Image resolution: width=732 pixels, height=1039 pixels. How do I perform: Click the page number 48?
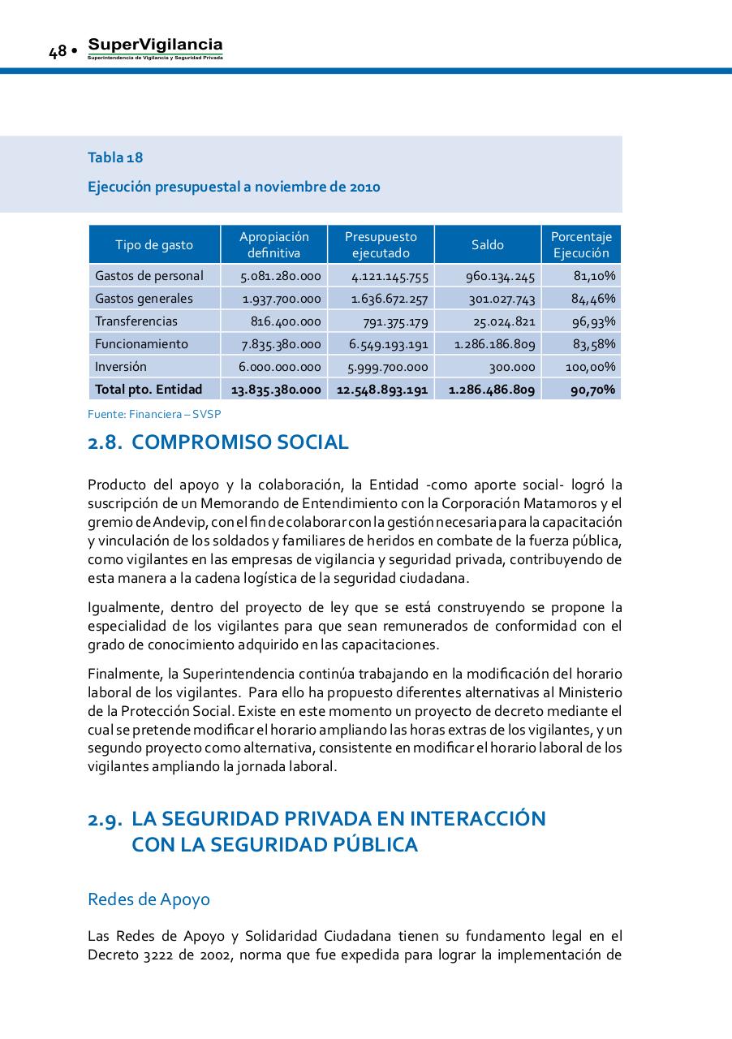point(57,51)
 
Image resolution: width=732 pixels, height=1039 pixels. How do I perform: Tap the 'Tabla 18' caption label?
point(115,157)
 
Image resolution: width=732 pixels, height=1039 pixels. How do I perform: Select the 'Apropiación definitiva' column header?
point(273,244)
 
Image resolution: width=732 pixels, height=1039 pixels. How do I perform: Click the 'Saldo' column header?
point(488,244)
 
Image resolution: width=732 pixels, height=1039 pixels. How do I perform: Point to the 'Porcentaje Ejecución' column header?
point(581,244)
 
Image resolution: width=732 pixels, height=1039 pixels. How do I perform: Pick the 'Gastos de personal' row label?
point(149,276)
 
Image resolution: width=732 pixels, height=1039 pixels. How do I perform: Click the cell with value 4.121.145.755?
point(390,276)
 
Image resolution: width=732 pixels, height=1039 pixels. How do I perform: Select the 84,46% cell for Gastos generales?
point(593,299)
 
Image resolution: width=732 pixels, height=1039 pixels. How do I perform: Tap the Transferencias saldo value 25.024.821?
point(504,321)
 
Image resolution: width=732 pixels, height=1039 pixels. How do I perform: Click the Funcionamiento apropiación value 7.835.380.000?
point(281,344)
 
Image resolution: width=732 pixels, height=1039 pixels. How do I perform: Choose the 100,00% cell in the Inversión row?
point(590,367)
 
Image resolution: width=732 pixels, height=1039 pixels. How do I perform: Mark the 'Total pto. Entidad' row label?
point(149,390)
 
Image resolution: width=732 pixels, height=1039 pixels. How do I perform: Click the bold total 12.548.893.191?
point(381,390)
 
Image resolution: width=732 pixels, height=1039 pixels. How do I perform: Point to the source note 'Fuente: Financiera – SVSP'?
point(154,414)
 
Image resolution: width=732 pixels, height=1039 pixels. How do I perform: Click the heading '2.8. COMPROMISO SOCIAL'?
point(218,442)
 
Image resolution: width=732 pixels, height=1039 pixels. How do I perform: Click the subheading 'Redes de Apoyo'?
point(149,899)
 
